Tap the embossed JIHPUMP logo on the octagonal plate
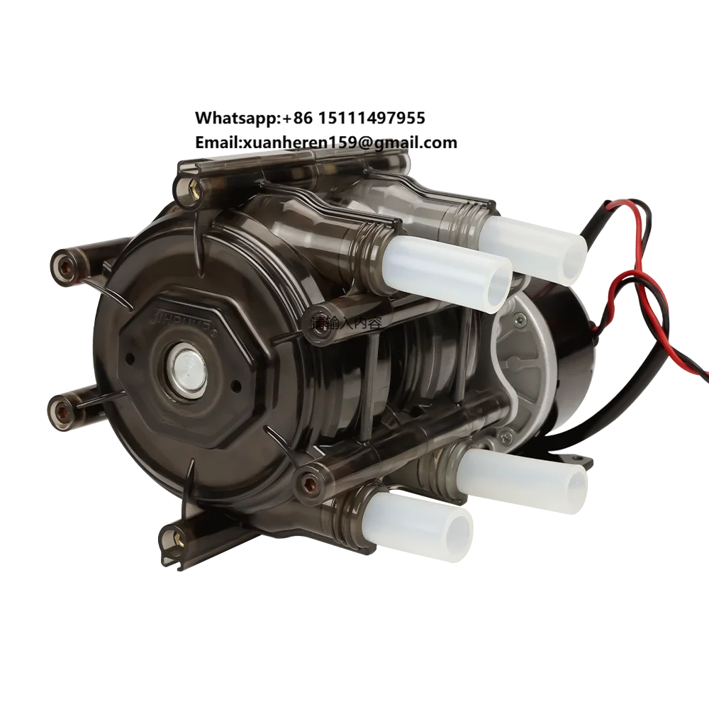(x=176, y=314)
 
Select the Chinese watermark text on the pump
(x=347, y=323)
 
